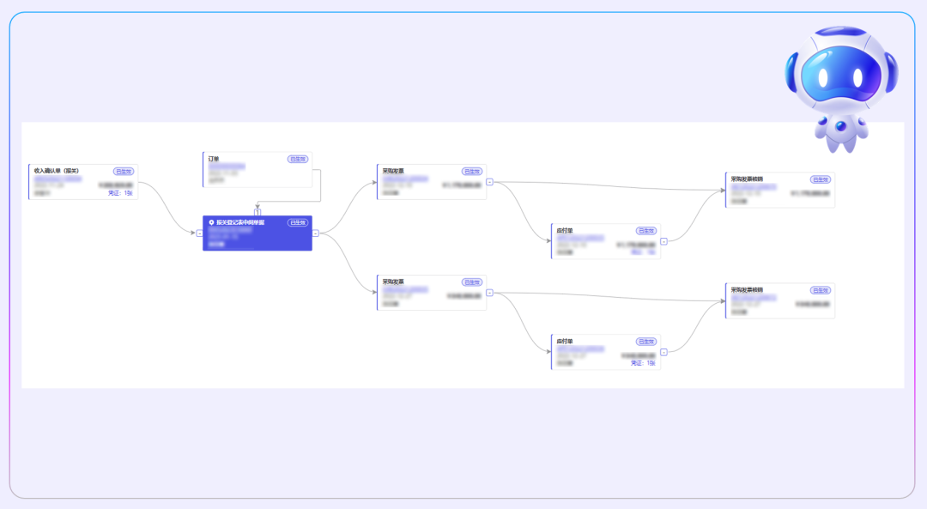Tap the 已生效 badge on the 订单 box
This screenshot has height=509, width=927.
pos(298,159)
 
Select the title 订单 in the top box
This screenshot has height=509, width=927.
pos(214,159)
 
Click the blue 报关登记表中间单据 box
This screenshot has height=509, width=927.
pos(257,233)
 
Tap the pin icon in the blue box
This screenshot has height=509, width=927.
pos(211,222)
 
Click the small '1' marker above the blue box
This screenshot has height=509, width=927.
pos(257,211)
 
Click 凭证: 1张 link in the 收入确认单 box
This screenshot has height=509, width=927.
pos(120,193)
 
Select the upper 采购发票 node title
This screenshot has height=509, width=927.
pos(393,171)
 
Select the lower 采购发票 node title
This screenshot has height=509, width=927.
pos(393,282)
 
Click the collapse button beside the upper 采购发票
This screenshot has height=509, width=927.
pos(489,182)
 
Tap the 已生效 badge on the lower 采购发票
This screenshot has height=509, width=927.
pos(472,282)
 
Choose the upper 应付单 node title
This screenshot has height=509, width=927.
pos(564,230)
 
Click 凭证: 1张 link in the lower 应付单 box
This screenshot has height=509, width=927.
pos(643,363)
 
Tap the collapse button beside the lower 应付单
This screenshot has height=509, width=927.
pos(663,352)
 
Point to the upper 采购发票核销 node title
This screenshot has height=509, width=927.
pos(746,179)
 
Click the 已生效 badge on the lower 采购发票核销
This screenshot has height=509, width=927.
pos(821,289)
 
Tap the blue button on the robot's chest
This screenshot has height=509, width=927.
pos(840,126)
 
